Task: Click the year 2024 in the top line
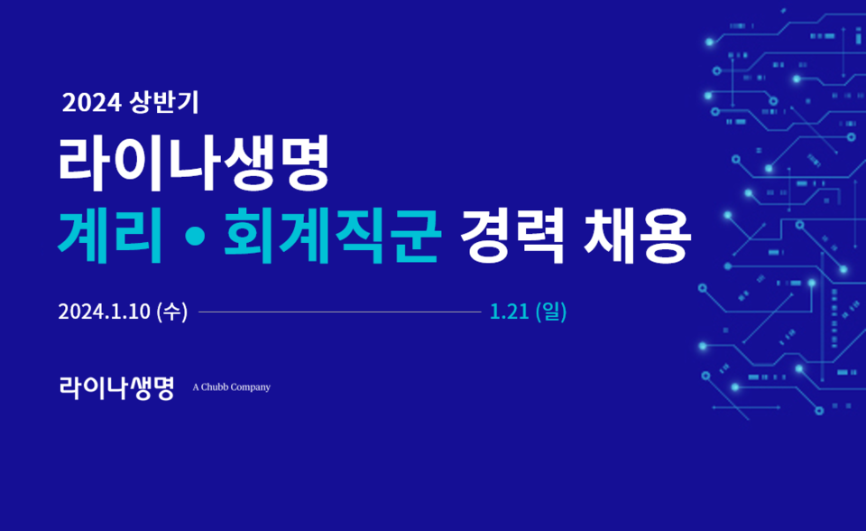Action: coord(91,104)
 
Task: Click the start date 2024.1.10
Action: coord(105,312)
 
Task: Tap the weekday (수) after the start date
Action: coord(171,312)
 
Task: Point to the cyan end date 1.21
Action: coord(510,312)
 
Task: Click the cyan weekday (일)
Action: coord(551,312)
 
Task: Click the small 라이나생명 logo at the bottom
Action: coord(116,387)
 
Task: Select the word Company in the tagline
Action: coord(250,387)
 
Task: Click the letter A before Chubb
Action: coord(196,387)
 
